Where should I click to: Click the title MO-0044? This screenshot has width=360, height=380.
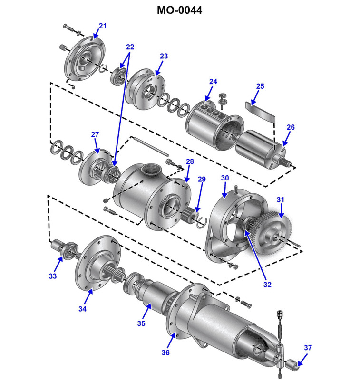pyautogui.click(x=180, y=10)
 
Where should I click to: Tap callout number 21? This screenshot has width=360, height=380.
pyautogui.click(x=103, y=26)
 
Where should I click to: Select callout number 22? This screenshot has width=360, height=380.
pyautogui.click(x=130, y=47)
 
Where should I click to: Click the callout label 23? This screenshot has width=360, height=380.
pyautogui.click(x=164, y=56)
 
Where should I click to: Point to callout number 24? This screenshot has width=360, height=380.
pyautogui.click(x=213, y=82)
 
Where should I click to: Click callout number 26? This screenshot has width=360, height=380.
pyautogui.click(x=291, y=127)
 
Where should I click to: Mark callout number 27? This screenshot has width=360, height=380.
pyautogui.click(x=95, y=134)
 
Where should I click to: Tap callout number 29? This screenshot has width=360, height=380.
pyautogui.click(x=202, y=179)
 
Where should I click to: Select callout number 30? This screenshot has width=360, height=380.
pyautogui.click(x=225, y=178)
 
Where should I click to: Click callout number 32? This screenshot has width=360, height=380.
pyautogui.click(x=267, y=285)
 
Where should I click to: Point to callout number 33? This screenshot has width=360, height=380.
pyautogui.click(x=52, y=275)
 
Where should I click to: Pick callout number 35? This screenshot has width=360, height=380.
pyautogui.click(x=141, y=323)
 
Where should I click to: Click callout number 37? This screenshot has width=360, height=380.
pyautogui.click(x=308, y=348)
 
